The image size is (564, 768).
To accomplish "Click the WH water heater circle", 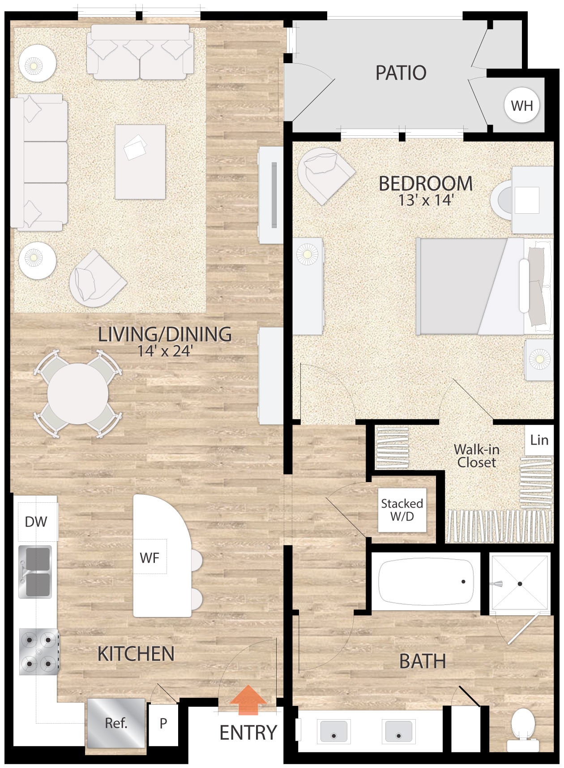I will [522, 106].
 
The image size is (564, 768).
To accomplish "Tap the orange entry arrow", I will [248, 700].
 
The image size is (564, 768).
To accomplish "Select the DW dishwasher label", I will [36, 522].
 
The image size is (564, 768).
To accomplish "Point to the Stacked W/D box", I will [402, 510].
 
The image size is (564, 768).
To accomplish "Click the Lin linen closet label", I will [539, 440].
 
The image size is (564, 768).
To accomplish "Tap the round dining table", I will [78, 394].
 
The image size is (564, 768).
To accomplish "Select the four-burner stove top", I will [39, 652].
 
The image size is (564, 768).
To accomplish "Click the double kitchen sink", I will [35, 572].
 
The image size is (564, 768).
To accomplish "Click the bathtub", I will [426, 582].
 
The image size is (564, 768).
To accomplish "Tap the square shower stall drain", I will [520, 584].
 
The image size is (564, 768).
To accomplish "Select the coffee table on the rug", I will [140, 162].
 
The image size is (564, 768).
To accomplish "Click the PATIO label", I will [401, 73].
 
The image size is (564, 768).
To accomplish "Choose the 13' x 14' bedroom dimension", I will [426, 200].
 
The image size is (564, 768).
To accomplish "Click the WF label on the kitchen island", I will [150, 558].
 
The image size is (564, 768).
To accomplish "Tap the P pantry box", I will [163, 723].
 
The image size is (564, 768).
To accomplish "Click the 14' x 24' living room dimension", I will [165, 351].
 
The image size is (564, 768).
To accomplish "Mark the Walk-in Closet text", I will [477, 456].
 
